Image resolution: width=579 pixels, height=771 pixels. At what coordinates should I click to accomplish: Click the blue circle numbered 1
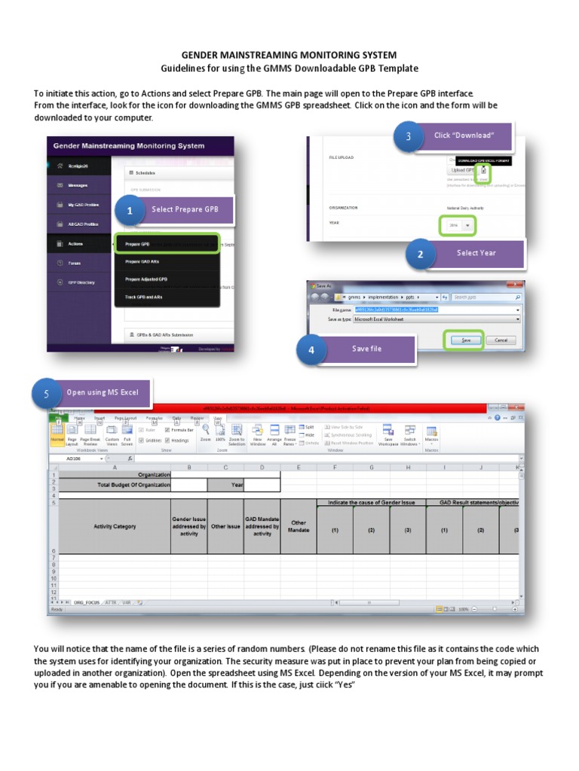click(x=130, y=212)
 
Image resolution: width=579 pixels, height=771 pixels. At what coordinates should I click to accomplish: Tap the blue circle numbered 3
click(x=409, y=137)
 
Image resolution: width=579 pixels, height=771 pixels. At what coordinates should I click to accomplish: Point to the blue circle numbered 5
click(x=47, y=394)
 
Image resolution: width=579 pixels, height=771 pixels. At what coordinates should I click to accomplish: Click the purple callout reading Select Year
click(x=476, y=253)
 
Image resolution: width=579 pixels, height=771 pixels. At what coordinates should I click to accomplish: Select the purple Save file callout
click(x=366, y=349)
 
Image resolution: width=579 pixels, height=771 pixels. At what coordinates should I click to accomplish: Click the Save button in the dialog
click(x=465, y=340)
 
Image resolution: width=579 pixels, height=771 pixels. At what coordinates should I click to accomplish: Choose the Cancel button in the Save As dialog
click(x=501, y=340)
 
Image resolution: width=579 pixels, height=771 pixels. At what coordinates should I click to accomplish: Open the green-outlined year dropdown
click(x=458, y=225)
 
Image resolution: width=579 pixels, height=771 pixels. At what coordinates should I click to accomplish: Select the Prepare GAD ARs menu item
click(x=142, y=261)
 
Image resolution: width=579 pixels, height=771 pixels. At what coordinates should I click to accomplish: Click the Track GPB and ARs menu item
click(x=144, y=297)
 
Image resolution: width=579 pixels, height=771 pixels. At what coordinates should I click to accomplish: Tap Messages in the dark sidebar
click(x=77, y=185)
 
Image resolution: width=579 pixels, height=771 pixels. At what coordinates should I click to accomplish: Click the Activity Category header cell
click(x=115, y=526)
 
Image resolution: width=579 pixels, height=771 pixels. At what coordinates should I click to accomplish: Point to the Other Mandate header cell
click(x=299, y=526)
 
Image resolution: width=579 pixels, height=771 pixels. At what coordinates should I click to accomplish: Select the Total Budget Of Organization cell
click(x=115, y=486)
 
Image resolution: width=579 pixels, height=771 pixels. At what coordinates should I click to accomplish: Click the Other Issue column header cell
click(x=225, y=526)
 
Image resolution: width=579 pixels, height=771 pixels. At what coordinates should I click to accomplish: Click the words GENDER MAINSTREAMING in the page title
click(x=243, y=56)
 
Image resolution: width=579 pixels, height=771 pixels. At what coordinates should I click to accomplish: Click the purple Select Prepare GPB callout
click(x=185, y=209)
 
